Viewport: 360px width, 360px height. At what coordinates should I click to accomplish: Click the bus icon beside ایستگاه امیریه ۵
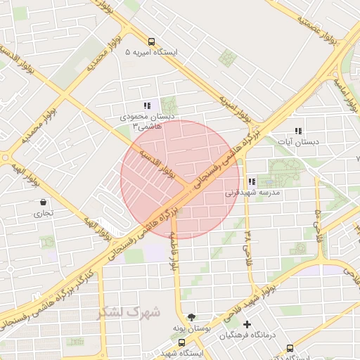point(152,41)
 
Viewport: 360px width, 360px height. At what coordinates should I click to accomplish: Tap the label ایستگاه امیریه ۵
point(152,53)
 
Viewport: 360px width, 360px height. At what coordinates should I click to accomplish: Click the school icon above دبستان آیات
point(298,131)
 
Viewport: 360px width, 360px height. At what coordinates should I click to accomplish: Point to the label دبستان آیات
point(299,141)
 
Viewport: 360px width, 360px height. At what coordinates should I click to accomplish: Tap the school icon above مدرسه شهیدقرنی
point(252,181)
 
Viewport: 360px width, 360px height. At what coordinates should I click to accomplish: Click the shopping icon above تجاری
point(44,202)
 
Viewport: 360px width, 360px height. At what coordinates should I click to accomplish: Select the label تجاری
point(44,213)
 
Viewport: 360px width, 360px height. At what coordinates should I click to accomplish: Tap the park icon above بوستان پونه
point(192,317)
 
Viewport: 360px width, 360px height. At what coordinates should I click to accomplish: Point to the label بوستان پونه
point(192,328)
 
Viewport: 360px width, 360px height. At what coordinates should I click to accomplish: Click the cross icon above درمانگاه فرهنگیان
point(247,324)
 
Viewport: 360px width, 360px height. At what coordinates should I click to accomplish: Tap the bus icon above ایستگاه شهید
point(182,342)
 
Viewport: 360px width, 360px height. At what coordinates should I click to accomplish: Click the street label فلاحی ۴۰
point(318,221)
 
